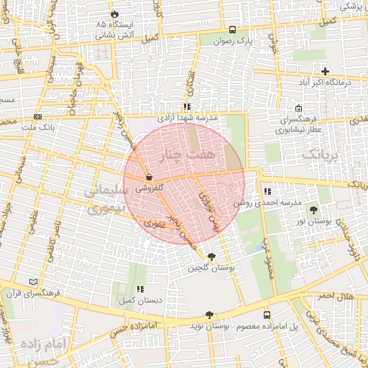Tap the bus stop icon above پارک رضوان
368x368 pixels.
click(x=232, y=30)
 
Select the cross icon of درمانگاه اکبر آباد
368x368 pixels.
click(x=326, y=71)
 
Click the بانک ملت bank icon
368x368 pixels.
click(x=37, y=116)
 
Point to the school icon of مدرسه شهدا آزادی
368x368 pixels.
click(x=187, y=106)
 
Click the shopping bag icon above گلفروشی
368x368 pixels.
click(x=149, y=177)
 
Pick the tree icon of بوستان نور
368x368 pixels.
click(x=313, y=209)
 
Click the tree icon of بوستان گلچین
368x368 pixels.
click(x=211, y=257)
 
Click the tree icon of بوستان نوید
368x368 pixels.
click(x=209, y=315)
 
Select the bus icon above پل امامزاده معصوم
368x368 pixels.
click(x=267, y=315)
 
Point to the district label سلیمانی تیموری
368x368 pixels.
click(x=104, y=199)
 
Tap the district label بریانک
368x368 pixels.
click(x=320, y=154)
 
